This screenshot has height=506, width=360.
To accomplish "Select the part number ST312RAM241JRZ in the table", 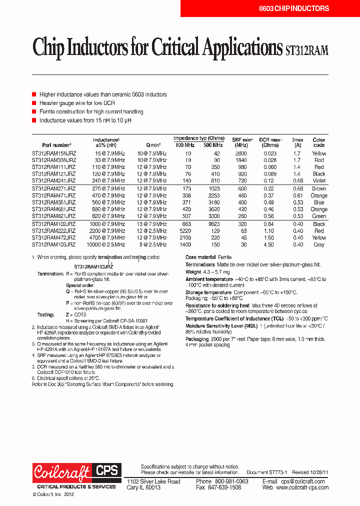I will point(53,180).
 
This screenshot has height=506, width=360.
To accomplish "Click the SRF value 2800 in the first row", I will point(241,153).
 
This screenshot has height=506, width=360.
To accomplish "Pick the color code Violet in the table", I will point(319,180).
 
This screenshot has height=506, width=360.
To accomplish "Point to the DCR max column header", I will point(270,142).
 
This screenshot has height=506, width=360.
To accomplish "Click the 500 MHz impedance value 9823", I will point(214,224).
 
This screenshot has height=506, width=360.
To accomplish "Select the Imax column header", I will point(297,142).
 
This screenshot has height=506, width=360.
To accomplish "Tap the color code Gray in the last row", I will point(319,245).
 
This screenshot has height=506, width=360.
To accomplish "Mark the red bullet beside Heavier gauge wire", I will point(34,103).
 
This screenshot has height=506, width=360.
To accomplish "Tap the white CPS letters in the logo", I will point(106,470).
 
